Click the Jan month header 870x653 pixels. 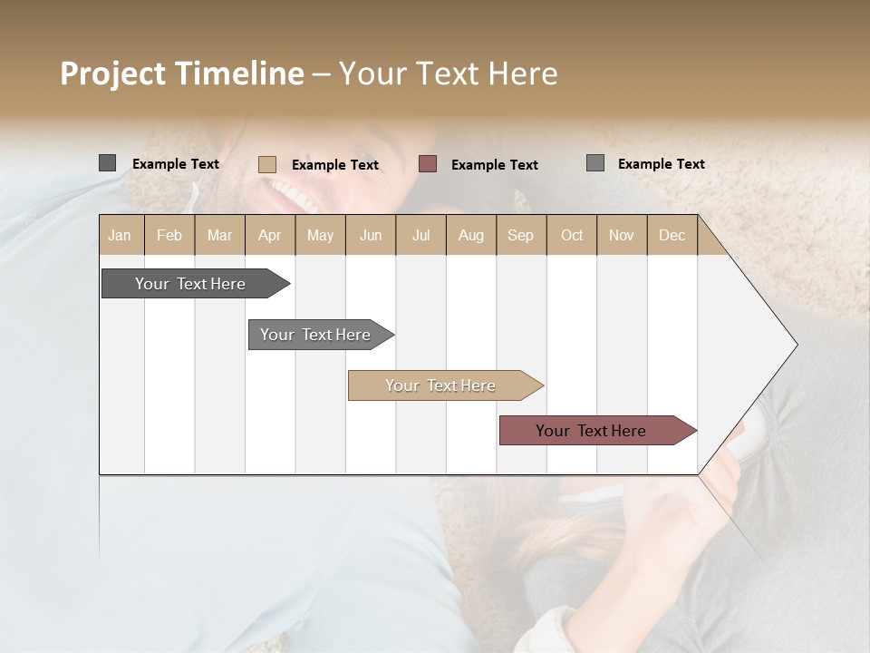click(121, 236)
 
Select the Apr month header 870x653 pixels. click(270, 236)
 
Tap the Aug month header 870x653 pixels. click(471, 236)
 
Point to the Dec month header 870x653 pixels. click(672, 236)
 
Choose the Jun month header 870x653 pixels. click(371, 236)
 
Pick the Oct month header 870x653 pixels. click(572, 236)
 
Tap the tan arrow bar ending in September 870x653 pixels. click(441, 385)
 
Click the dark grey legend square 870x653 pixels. click(107, 163)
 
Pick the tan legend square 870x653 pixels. click(266, 164)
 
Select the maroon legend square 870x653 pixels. click(428, 164)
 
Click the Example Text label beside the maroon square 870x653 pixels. click(494, 165)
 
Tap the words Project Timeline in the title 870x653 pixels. click(181, 73)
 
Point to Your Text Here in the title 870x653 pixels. click(448, 73)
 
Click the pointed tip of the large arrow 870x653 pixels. click(795, 345)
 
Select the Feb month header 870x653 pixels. click(169, 236)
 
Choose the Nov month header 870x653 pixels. click(622, 236)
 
